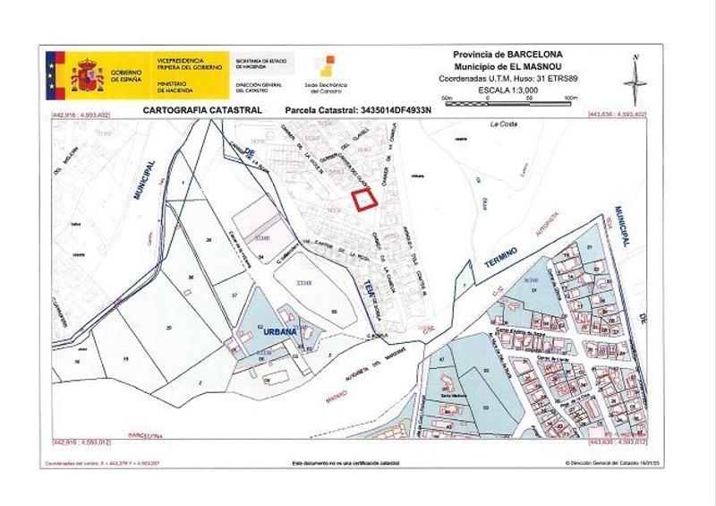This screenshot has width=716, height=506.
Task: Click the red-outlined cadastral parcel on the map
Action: [x=362, y=201]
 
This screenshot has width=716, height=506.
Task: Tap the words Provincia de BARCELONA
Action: [x=507, y=55]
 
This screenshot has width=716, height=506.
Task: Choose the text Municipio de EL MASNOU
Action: [x=507, y=66]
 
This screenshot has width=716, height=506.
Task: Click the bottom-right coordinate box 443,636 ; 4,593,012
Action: [x=618, y=442]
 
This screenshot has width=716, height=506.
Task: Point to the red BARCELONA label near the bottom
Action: [x=146, y=435]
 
